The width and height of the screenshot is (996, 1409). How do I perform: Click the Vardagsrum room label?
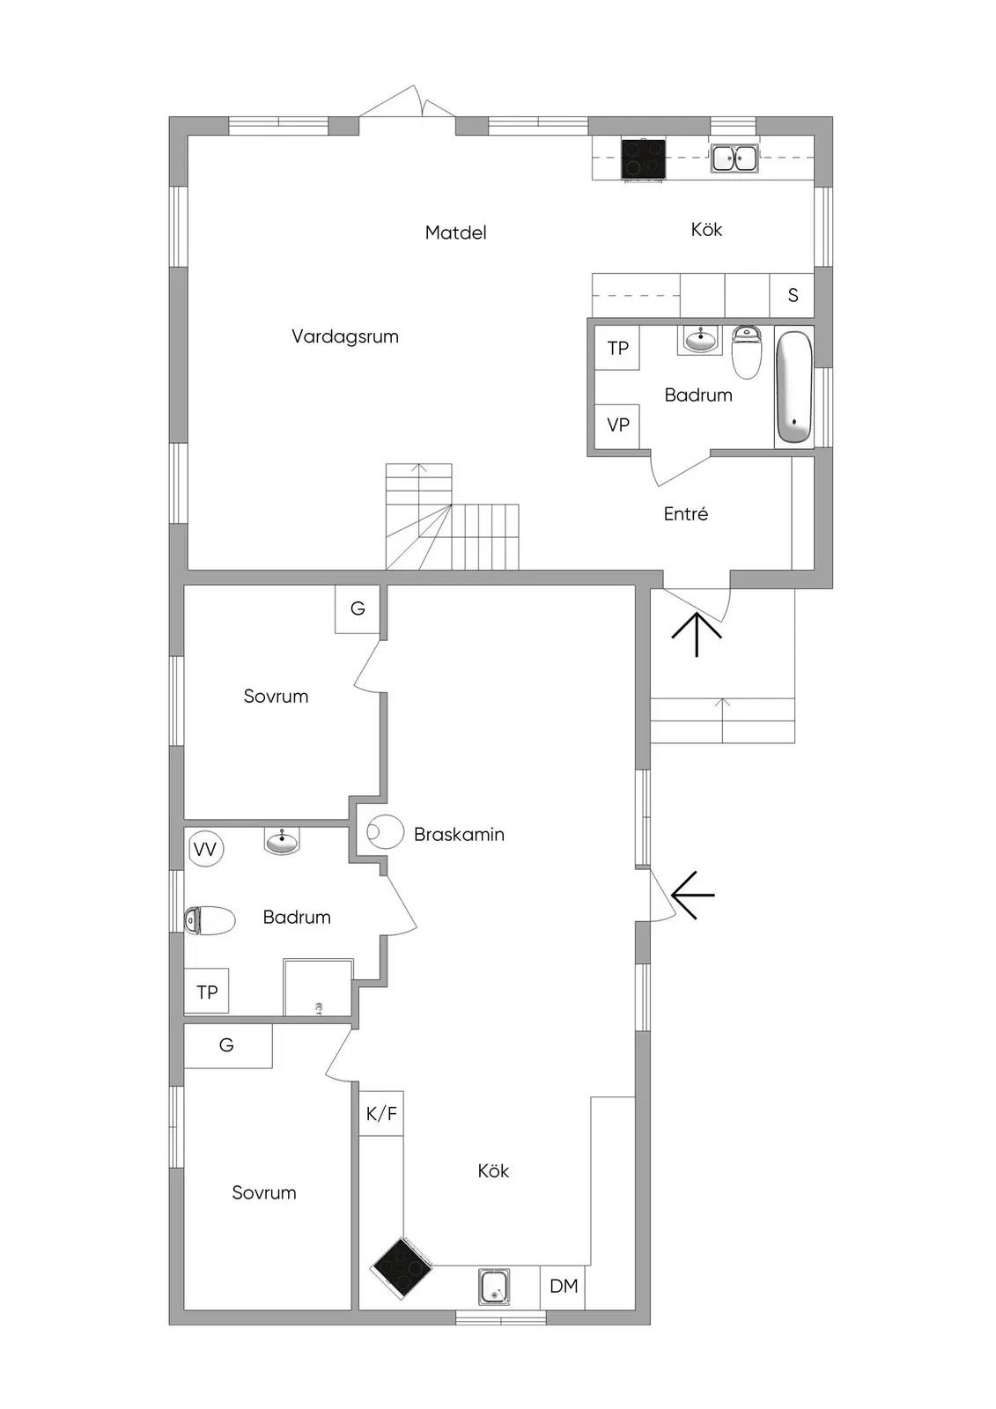point(345,337)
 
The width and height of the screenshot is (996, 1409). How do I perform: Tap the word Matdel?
point(455,232)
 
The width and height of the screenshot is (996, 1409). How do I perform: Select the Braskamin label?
point(459,835)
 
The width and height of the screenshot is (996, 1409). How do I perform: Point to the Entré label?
point(685,514)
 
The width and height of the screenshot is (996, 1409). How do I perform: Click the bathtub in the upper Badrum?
point(794,387)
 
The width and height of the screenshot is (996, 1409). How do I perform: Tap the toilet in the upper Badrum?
point(746,351)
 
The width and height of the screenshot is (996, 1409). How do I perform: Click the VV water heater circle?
point(206,850)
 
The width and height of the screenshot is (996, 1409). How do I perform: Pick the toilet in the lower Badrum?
point(210,920)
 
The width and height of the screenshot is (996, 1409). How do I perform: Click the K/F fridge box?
point(381,1113)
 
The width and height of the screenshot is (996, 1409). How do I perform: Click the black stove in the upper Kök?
point(644,158)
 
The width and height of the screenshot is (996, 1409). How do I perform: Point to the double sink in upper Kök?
point(734,158)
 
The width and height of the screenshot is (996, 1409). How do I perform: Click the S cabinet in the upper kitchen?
point(793,295)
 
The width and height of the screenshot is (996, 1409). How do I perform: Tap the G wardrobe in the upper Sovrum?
point(358,609)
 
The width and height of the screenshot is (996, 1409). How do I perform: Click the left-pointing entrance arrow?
point(693,895)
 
